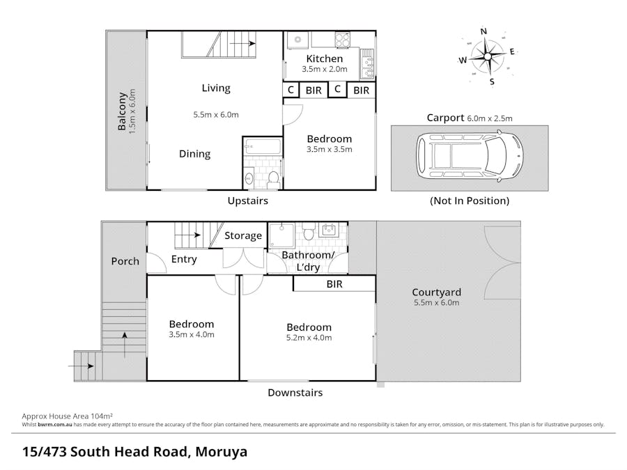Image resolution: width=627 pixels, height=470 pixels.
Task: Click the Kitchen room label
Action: pos(325,58)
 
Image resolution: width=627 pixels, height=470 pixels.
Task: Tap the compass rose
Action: pos(488,55)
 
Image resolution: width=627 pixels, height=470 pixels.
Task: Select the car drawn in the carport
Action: pos(469,157)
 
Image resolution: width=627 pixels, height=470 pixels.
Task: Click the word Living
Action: pos(216,88)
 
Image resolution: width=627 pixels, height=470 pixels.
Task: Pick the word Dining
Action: pos(194,154)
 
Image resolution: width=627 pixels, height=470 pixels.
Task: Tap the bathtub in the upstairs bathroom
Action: pos(263,148)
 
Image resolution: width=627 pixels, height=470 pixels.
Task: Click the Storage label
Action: pos(242,236)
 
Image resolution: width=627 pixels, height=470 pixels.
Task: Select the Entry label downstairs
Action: pos(184,259)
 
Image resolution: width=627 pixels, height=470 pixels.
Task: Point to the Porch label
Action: pos(125,261)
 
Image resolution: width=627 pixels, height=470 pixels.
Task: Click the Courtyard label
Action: pos(436,292)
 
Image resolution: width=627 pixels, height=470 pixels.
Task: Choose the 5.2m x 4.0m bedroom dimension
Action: pos(309,338)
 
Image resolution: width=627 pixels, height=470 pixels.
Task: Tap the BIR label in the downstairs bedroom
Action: pos(334,284)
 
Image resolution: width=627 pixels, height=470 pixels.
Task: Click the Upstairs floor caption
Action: pos(247,201)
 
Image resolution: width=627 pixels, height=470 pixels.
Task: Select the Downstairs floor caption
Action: pos(295,393)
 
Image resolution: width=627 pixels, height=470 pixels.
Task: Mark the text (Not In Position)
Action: pos(469,201)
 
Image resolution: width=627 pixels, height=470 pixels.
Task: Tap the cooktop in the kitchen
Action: pos(342,40)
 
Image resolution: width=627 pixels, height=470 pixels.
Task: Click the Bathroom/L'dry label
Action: pos(307,261)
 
